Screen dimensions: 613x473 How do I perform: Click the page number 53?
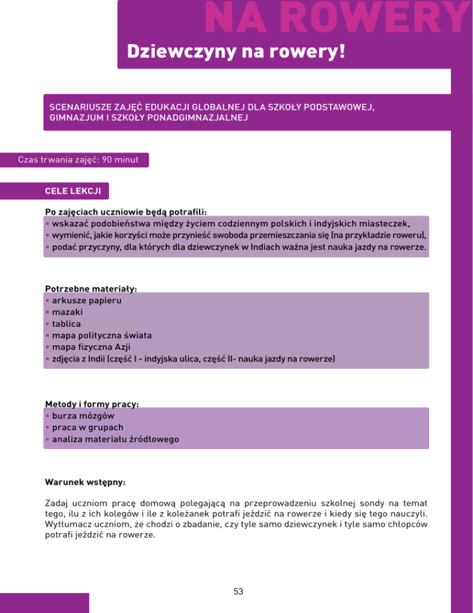pos(238,591)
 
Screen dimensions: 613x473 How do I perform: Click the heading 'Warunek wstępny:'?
pos(85,481)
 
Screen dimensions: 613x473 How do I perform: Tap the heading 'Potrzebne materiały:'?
pos(90,289)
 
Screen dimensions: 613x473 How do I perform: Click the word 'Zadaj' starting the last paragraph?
pos(58,503)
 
